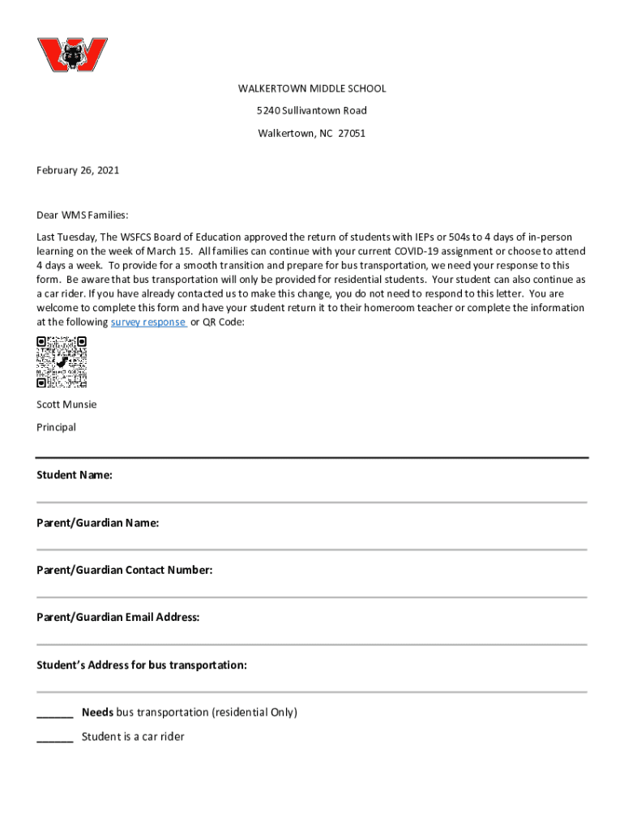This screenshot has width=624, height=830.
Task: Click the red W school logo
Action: (x=72, y=55)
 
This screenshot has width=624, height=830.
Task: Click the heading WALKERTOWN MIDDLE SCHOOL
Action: (x=311, y=88)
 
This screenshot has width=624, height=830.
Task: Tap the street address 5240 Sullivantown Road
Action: (x=311, y=110)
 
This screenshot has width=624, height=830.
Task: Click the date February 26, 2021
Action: (x=78, y=170)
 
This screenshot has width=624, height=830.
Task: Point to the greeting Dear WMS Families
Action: (x=83, y=215)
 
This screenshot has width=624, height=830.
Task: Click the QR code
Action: (x=62, y=362)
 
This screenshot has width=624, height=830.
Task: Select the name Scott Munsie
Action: (x=66, y=404)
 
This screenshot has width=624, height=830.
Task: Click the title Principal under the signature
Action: (x=56, y=427)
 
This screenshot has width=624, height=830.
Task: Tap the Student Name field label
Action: (x=75, y=475)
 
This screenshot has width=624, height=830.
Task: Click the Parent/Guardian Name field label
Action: (x=97, y=523)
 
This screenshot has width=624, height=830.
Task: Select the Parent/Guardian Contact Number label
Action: (x=124, y=570)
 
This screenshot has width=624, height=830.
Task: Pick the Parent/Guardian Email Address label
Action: (x=118, y=618)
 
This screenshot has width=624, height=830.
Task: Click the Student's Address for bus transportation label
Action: (x=141, y=665)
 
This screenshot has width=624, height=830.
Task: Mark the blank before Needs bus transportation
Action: (x=54, y=714)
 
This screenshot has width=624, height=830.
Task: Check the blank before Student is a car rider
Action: (x=54, y=738)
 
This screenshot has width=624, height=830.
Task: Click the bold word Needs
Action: (x=97, y=712)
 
